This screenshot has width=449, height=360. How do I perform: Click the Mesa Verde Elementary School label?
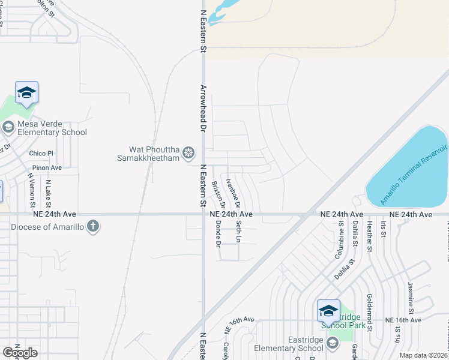point(52,128)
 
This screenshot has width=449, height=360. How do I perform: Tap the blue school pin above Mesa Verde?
point(26,93)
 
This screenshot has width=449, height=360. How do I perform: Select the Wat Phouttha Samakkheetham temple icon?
point(188,152)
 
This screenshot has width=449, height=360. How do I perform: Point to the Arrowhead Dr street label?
point(203,108)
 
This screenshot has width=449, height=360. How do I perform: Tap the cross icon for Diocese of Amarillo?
point(92,226)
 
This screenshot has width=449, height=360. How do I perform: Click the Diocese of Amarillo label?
point(47,226)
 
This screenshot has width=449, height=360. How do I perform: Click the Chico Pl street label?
point(41,154)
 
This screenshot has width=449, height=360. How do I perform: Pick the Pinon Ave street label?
point(47,168)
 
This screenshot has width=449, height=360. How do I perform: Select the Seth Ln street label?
point(238,232)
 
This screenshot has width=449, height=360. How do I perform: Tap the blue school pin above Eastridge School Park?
point(328,311)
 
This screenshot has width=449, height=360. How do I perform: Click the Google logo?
point(20,352)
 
